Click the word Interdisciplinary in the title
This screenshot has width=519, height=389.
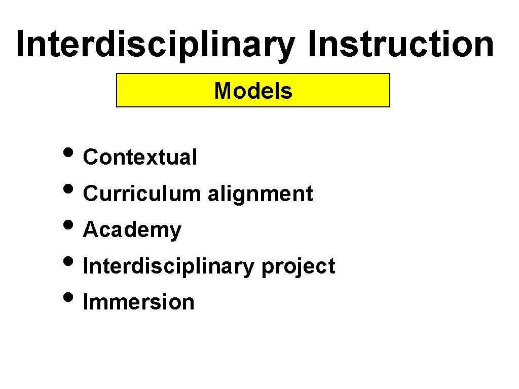tap(155, 45)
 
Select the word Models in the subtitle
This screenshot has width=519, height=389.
tap(253, 91)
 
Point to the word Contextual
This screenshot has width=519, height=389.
tap(140, 158)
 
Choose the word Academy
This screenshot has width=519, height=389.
tap(132, 230)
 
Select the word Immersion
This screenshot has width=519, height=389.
tap(138, 302)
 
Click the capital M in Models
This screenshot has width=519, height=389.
tap(222, 91)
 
